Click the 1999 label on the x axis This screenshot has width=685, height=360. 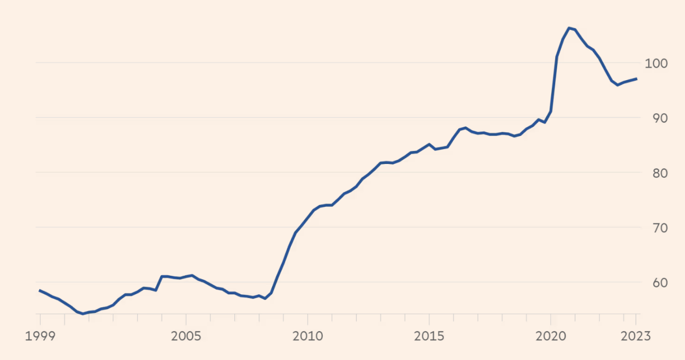[x=40, y=336]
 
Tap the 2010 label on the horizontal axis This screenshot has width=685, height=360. [x=307, y=336]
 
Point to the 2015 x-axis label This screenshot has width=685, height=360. [x=429, y=336]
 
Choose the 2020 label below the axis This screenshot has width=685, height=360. [x=550, y=336]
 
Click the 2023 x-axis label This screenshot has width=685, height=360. [x=636, y=336]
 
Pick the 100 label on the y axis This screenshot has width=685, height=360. [x=656, y=64]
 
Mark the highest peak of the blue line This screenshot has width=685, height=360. [x=569, y=28]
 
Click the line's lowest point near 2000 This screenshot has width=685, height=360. [x=83, y=313]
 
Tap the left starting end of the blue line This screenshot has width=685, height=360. [x=40, y=290]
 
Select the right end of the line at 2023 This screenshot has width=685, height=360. [x=636, y=79]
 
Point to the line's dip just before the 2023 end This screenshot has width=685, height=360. [x=618, y=85]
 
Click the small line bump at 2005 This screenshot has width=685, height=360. [x=192, y=275]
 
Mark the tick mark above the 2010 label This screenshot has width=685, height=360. [x=307, y=318]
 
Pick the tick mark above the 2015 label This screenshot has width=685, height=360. [x=429, y=318]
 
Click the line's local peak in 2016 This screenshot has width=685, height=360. [x=466, y=128]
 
